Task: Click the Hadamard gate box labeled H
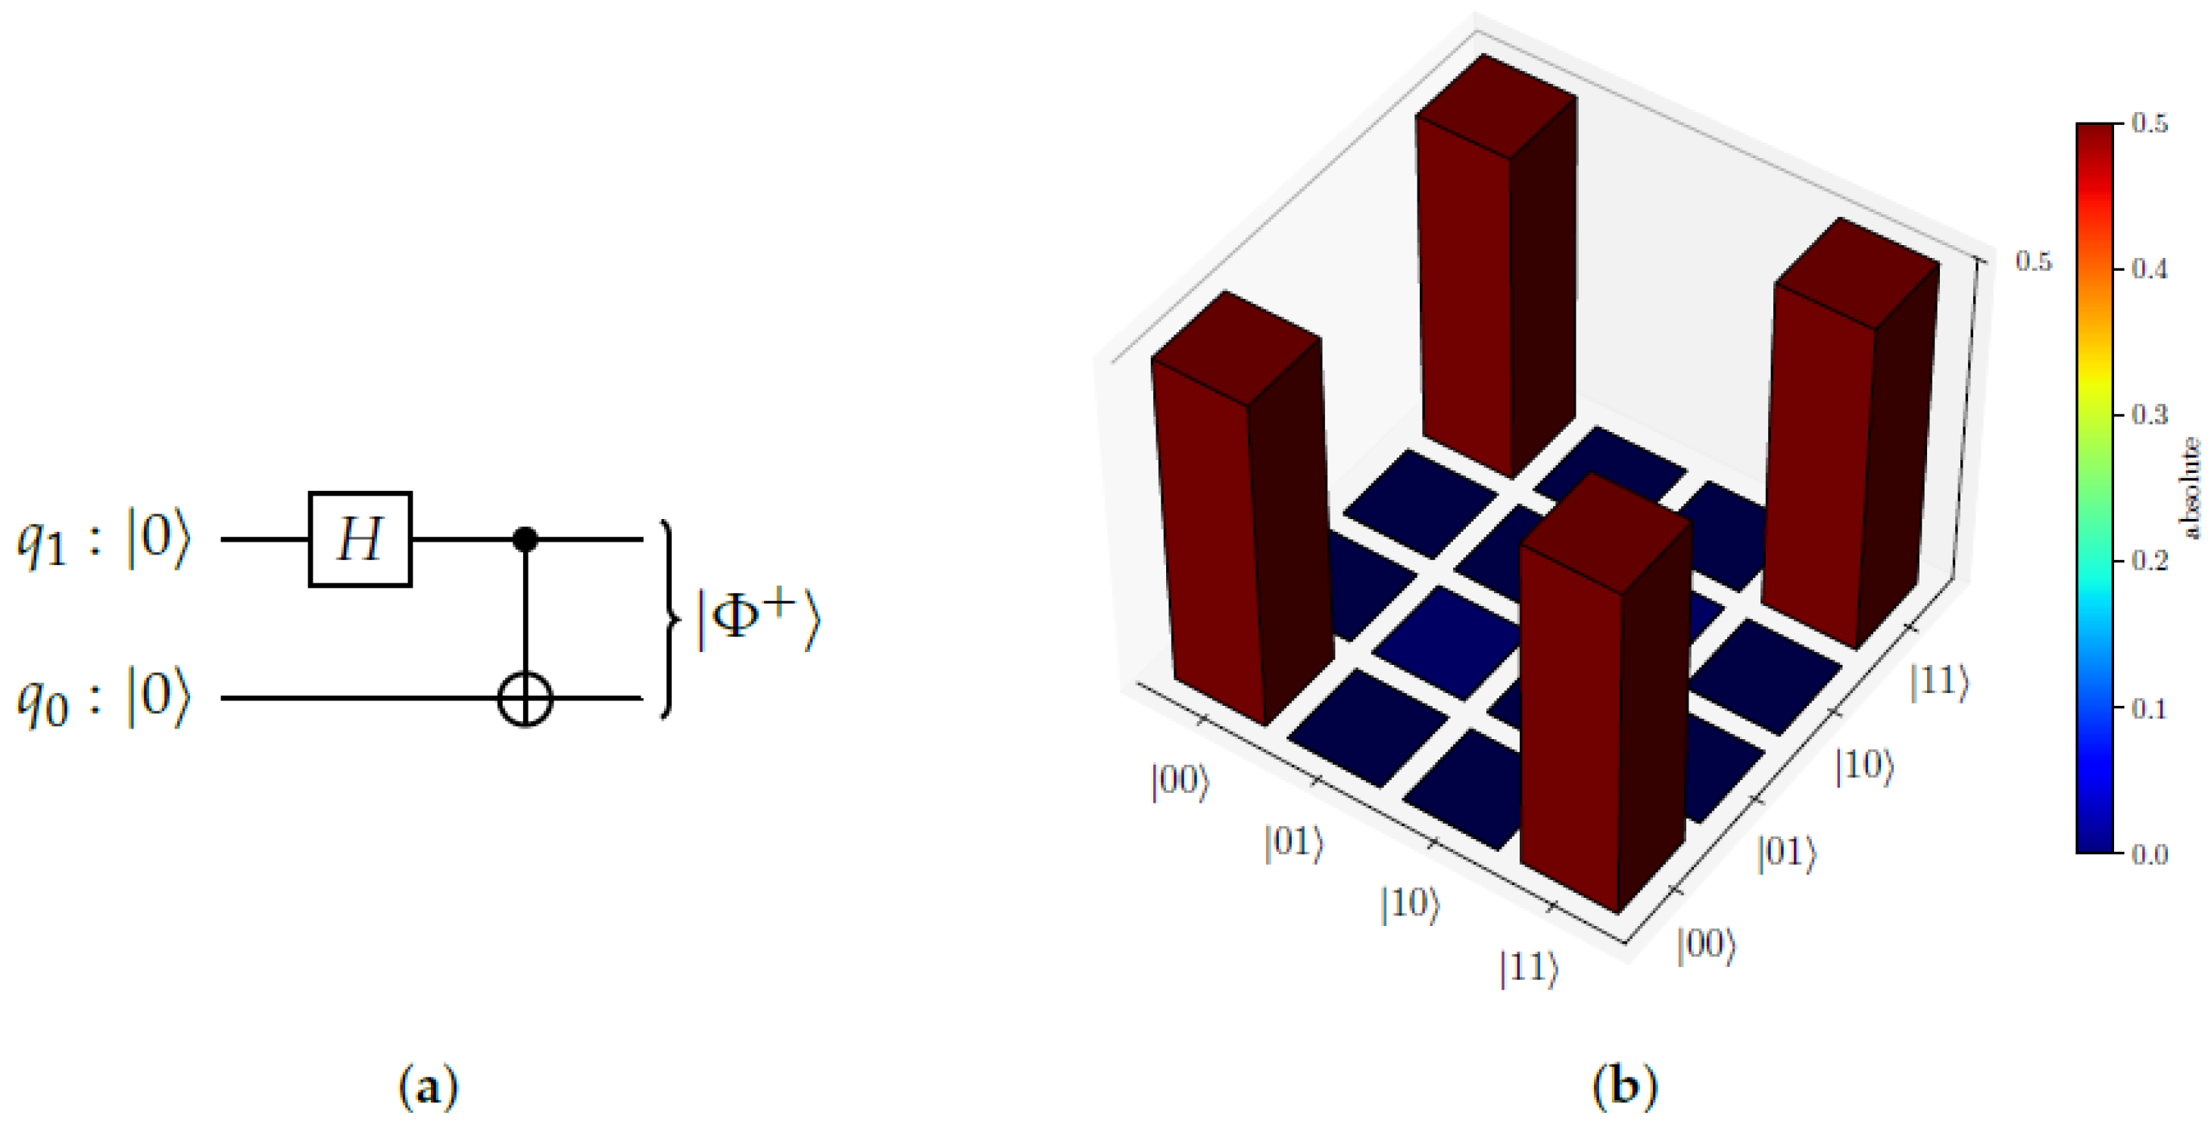point(360,539)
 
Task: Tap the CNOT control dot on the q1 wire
point(525,539)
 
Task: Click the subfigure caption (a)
point(429,1087)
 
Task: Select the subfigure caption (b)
point(1624,1087)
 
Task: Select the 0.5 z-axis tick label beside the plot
point(2033,261)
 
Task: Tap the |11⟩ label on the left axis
point(1529,968)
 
